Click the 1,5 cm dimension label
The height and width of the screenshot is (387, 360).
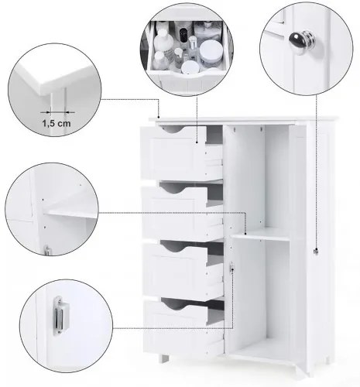(57, 123)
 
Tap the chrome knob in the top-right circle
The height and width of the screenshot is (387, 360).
(302, 42)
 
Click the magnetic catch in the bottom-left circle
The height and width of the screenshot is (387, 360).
(61, 315)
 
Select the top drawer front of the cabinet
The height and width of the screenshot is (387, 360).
(173, 153)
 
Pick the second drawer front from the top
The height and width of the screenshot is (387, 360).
(175, 213)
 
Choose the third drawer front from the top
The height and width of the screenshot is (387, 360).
(175, 270)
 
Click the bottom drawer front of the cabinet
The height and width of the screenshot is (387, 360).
(176, 327)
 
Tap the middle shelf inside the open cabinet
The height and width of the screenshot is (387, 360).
(261, 235)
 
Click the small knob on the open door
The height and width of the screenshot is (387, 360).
(316, 251)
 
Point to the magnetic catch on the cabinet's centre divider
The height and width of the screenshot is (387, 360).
(231, 267)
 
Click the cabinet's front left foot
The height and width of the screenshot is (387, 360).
(163, 358)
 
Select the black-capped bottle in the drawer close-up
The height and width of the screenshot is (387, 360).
(183, 36)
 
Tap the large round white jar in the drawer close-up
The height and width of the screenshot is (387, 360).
(211, 52)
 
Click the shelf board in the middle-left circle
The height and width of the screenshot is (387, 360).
(71, 214)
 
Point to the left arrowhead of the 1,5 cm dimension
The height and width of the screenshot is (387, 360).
(48, 112)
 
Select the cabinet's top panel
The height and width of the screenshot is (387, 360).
(243, 119)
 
